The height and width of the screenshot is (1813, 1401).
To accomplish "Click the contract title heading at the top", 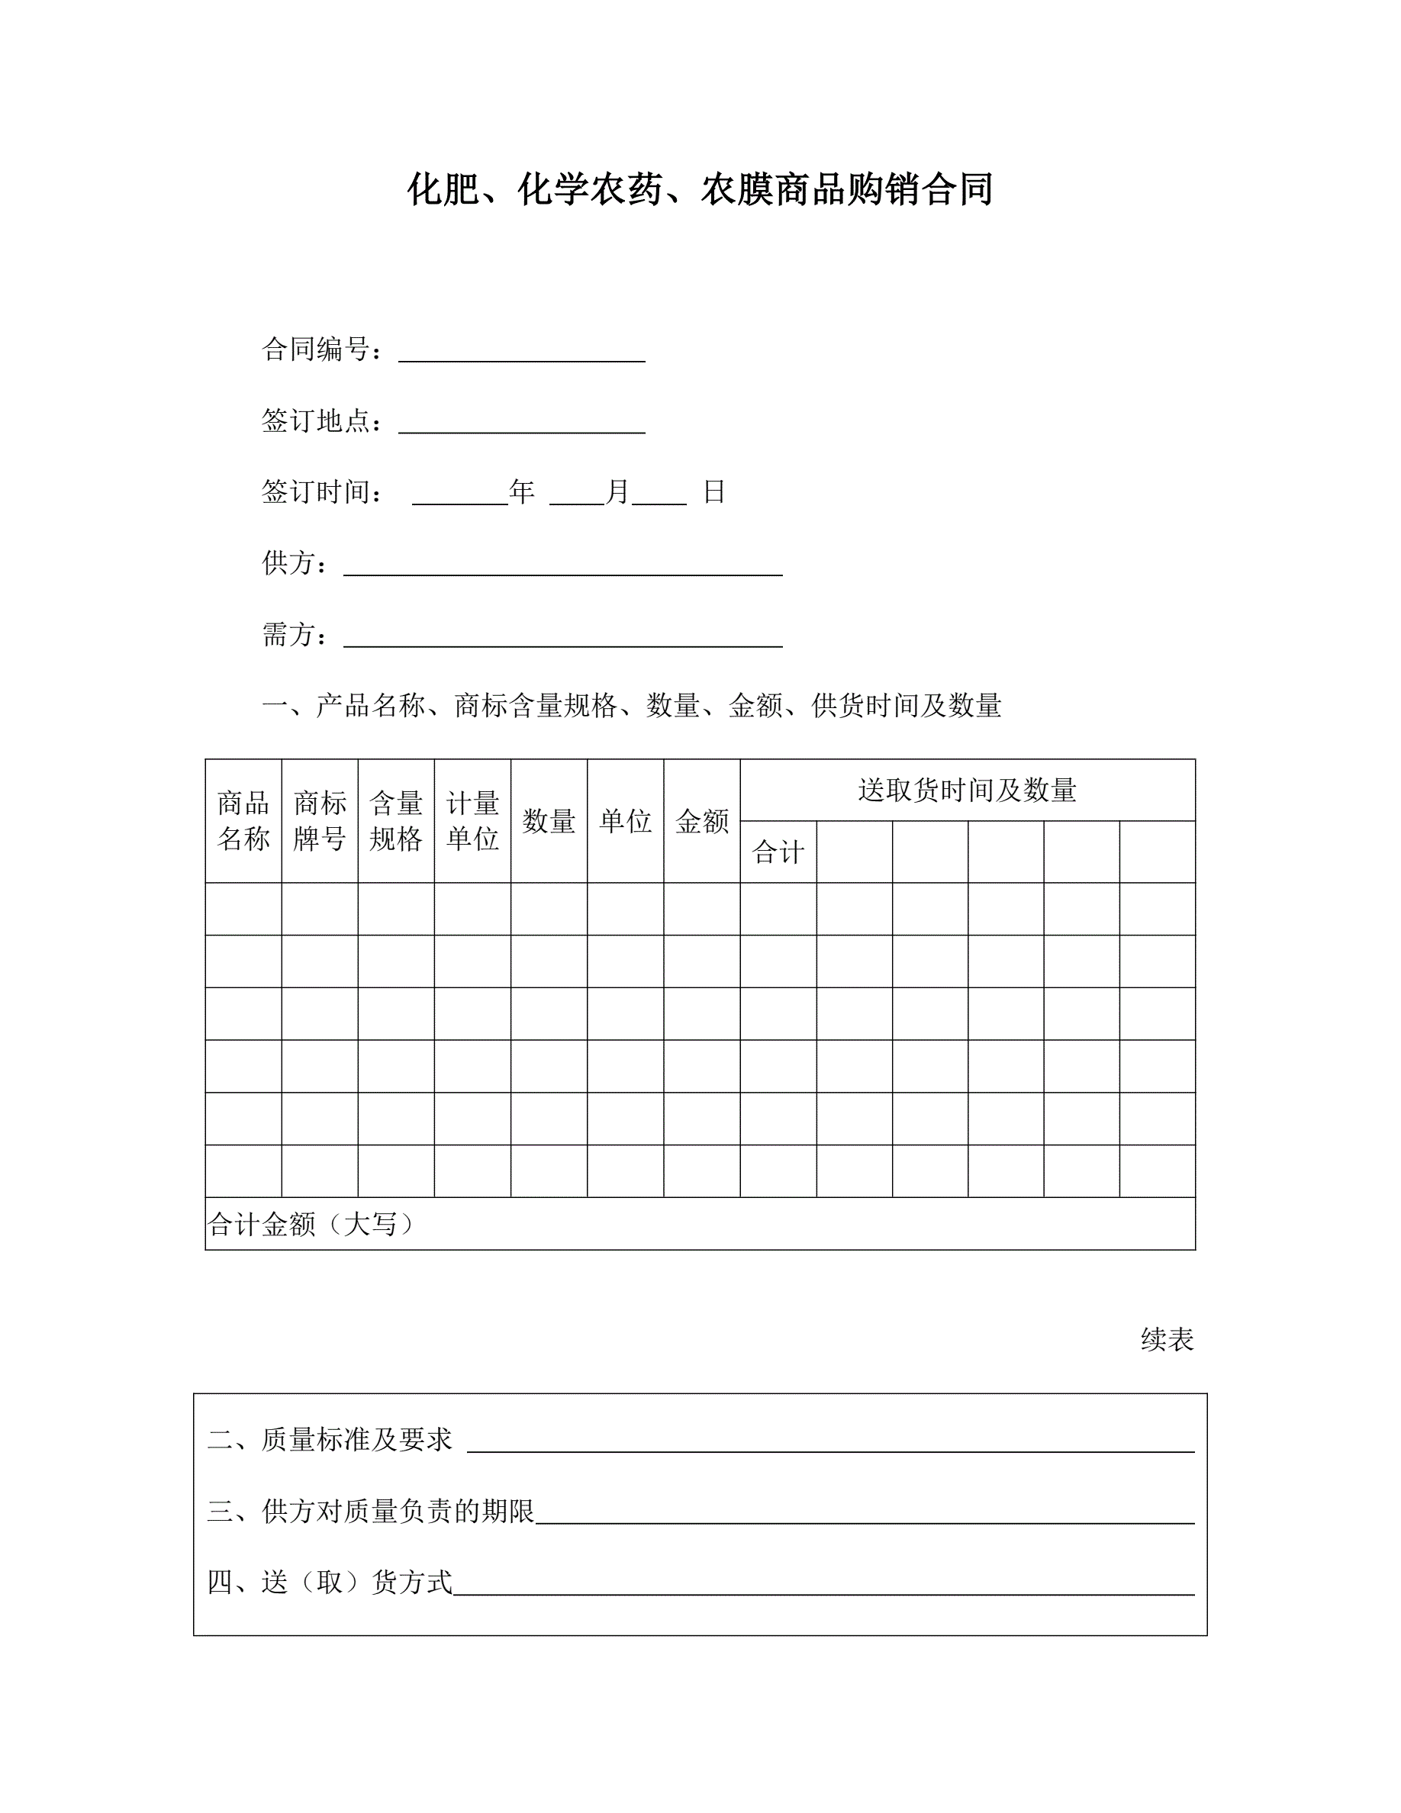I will click(700, 189).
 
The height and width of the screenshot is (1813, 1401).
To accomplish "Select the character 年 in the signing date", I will click(521, 491).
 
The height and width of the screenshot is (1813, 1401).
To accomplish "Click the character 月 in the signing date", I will click(617, 491).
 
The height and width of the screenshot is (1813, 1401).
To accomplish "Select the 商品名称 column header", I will click(243, 820).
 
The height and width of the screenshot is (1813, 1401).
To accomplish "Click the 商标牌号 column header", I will click(320, 820).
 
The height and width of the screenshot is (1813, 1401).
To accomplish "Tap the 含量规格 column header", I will click(396, 820).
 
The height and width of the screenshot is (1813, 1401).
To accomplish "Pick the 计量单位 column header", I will click(472, 820).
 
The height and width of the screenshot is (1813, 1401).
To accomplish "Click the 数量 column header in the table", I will click(549, 821).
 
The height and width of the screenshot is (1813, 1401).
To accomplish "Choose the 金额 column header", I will click(701, 821).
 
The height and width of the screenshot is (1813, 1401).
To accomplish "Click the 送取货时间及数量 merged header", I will click(967, 790).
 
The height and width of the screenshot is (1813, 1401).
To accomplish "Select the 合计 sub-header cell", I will click(778, 852).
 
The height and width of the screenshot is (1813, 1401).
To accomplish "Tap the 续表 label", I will click(1166, 1339).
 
